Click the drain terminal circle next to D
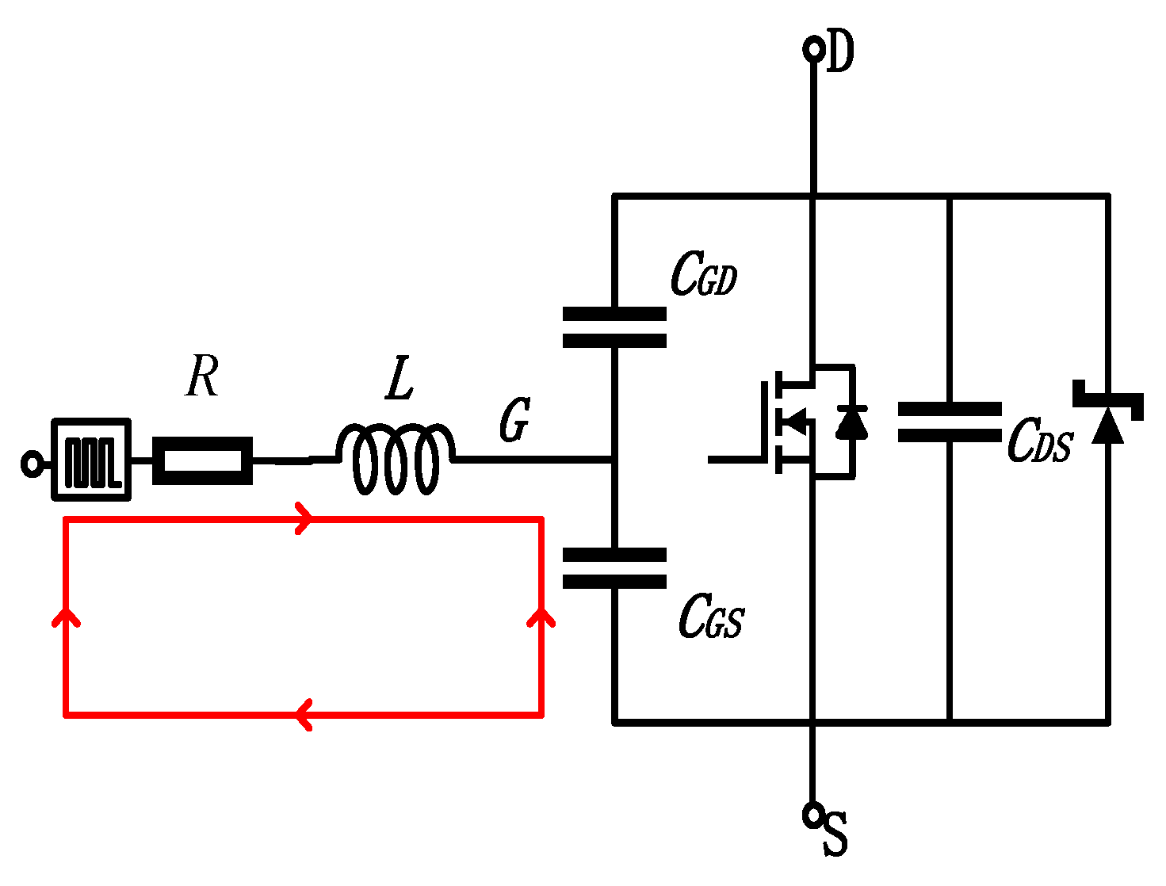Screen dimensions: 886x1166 [812, 50]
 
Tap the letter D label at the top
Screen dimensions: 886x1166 [840, 52]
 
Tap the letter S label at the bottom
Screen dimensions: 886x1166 [835, 834]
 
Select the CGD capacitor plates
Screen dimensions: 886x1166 [614, 327]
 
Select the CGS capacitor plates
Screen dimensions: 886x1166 [614, 568]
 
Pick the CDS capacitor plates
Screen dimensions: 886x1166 [949, 422]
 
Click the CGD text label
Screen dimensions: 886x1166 [704, 276]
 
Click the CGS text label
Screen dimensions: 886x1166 [711, 617]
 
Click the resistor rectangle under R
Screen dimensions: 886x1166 [203, 460]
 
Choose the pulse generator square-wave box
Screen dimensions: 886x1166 [91, 460]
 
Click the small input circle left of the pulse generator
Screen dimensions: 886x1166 [32, 463]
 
